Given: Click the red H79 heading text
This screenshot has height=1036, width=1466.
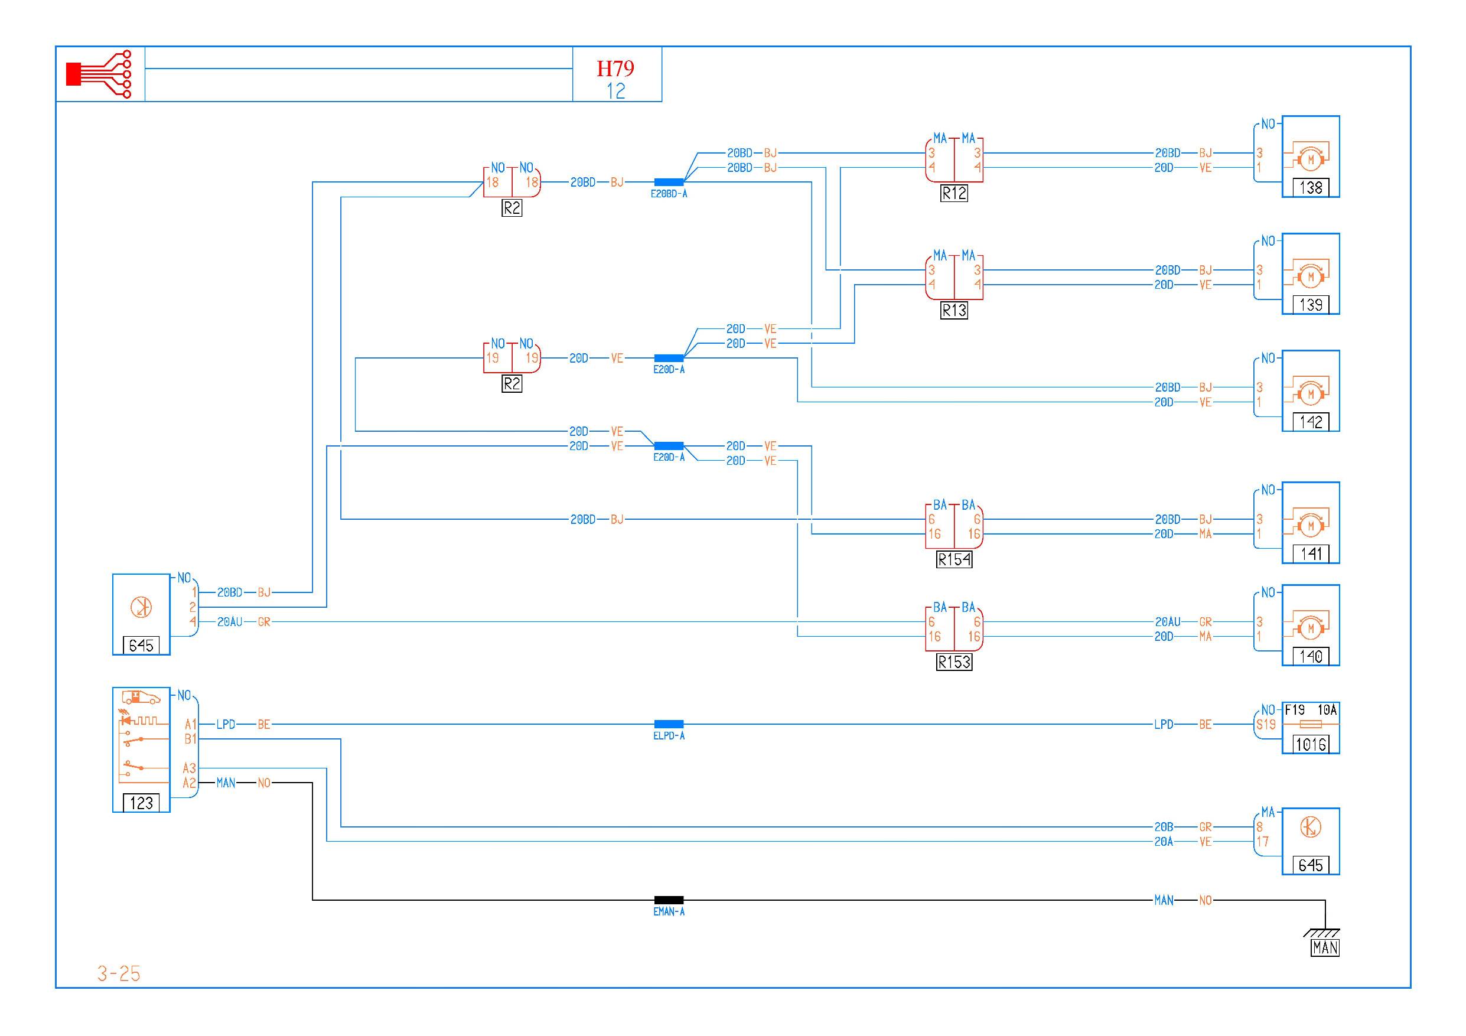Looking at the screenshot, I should (615, 69).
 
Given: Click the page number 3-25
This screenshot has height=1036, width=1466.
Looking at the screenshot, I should (119, 973).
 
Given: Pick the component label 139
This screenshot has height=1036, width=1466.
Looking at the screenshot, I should (1310, 305).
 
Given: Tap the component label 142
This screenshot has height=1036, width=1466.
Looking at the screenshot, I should (1310, 422).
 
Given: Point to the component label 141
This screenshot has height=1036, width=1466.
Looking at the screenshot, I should (1310, 553).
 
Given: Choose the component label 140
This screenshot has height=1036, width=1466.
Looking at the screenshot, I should (1310, 656).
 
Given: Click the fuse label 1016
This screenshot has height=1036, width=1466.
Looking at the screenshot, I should (1310, 744).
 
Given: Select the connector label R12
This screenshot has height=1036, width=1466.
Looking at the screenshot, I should (954, 193).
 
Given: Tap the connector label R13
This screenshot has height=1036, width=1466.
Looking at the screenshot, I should (954, 311).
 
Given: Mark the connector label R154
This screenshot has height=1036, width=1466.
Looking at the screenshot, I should (954, 560).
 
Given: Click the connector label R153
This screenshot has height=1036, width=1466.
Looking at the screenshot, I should (954, 663).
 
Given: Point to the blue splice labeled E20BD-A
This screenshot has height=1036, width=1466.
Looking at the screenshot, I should (669, 183).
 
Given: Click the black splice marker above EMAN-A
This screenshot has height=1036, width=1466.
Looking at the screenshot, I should (669, 900).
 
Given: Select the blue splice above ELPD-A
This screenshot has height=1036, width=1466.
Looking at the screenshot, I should (669, 725).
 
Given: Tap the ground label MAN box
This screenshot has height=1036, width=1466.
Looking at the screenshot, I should (1325, 948).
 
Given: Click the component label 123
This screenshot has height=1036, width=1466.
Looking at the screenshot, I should (141, 803).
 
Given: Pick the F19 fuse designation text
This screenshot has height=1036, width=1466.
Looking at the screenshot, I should (1295, 710).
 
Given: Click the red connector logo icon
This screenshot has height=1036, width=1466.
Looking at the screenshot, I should (100, 74).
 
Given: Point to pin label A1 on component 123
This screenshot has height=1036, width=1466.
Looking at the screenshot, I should (190, 725).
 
